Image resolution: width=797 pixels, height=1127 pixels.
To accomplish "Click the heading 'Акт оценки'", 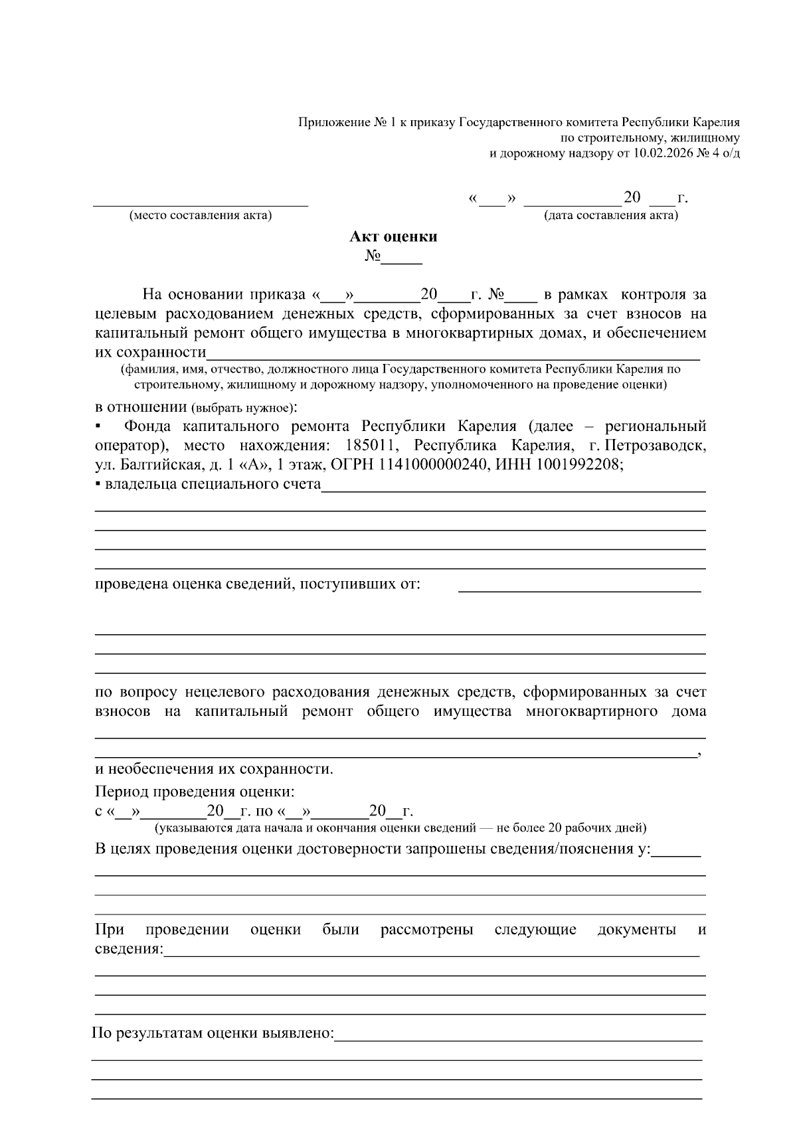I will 393,236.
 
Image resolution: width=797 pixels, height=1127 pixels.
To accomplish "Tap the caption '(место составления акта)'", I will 201,215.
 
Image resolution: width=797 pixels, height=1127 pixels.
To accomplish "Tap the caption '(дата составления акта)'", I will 611,215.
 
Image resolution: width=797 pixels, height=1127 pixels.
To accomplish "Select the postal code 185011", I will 369,445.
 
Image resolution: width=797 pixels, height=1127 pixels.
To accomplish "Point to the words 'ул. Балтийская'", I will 140,465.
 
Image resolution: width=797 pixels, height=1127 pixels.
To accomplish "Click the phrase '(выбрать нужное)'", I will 242,407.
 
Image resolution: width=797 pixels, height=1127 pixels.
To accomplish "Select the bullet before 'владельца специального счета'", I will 98,485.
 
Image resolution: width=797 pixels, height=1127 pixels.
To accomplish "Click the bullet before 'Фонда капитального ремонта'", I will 98,426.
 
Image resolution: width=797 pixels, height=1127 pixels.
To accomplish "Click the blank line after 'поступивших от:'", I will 579,586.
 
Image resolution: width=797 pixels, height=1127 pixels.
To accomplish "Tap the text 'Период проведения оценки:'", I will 195,792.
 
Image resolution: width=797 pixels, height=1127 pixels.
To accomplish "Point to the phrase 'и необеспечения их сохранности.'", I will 214,769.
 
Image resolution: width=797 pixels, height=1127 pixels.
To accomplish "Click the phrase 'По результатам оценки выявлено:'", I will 213,1033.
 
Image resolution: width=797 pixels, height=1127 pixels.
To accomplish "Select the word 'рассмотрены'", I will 426,930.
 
